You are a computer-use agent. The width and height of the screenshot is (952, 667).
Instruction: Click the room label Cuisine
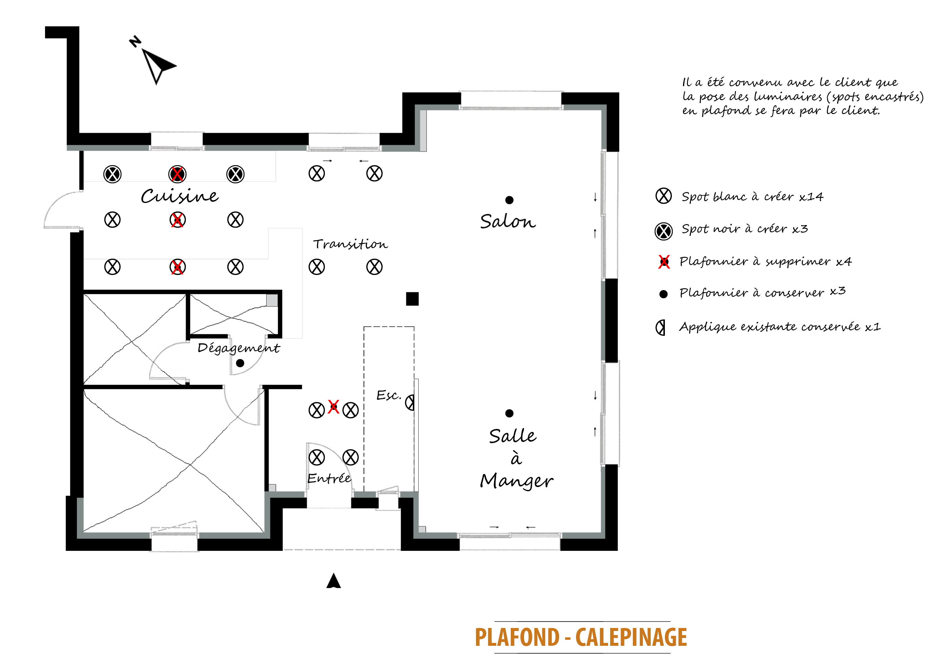point(179,196)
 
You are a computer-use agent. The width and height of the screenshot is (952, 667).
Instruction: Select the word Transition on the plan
point(350,244)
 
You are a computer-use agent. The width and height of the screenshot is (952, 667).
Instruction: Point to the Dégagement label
point(238,348)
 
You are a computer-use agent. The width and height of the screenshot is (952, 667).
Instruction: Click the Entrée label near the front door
point(329,478)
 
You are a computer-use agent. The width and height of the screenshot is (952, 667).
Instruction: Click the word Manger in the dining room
point(516,481)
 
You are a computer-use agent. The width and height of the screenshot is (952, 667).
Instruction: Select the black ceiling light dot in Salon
point(510,200)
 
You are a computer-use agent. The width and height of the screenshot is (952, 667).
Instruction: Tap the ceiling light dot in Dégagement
point(240,363)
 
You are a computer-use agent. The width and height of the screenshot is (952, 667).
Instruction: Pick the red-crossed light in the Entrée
point(333,407)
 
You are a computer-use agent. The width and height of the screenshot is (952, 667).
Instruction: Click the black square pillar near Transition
point(412,299)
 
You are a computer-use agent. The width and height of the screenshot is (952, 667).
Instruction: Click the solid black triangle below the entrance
point(333,581)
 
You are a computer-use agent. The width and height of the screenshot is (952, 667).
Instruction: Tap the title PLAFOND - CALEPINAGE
point(581,637)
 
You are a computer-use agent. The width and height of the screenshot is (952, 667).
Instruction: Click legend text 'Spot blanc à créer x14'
point(752,196)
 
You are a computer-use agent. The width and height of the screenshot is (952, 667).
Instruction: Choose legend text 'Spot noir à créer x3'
point(745,229)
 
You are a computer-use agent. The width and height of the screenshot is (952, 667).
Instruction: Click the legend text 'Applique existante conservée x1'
point(779,327)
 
